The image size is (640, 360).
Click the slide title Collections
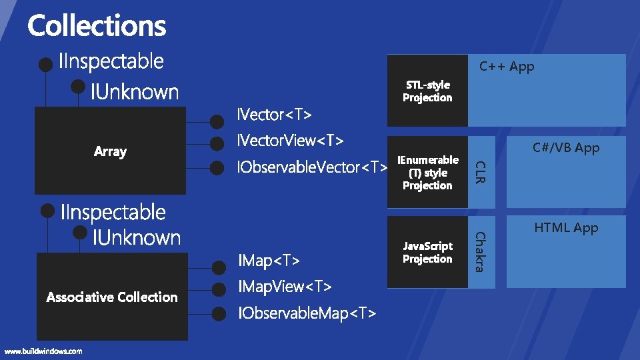[97, 26]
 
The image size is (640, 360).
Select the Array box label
[110, 151]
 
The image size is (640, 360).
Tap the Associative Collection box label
[112, 297]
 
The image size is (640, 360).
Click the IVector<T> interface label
[275, 115]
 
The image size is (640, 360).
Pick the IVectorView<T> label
[291, 141]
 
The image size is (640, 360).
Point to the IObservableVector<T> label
[313, 167]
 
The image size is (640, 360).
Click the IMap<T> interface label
[269, 260]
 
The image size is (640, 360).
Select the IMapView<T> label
[285, 287]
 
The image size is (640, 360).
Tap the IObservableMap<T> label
[307, 313]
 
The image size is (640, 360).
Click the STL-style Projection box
[427, 91]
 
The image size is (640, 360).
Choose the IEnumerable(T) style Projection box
[427, 173]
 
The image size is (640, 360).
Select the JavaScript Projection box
[427, 253]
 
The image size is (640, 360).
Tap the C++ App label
[507, 66]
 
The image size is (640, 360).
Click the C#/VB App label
[566, 148]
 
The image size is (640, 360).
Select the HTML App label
[566, 228]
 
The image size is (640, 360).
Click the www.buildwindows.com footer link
[43, 351]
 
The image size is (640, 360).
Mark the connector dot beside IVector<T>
[217, 122]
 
